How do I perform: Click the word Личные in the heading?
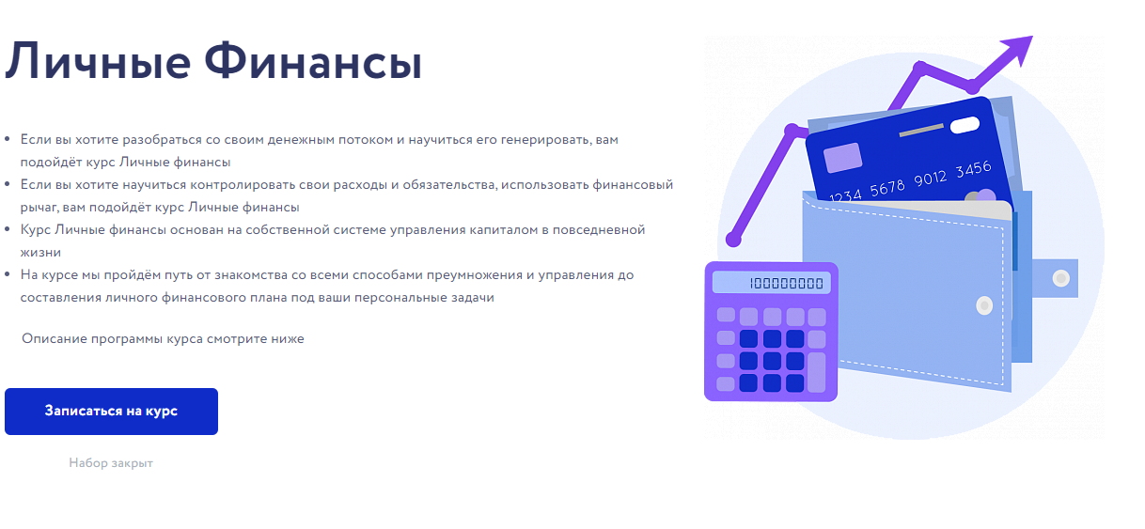(97, 63)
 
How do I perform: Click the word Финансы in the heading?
(313, 63)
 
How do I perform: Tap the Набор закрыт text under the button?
(110, 463)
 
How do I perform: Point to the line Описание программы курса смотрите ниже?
(163, 338)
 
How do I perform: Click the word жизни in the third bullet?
(40, 252)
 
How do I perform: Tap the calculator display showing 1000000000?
(771, 283)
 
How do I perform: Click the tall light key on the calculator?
(816, 372)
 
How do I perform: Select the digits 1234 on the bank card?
(846, 195)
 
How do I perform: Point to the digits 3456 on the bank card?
(973, 170)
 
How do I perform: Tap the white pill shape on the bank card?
(964, 125)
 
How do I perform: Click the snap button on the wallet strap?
(1060, 278)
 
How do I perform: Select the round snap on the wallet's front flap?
(984, 305)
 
